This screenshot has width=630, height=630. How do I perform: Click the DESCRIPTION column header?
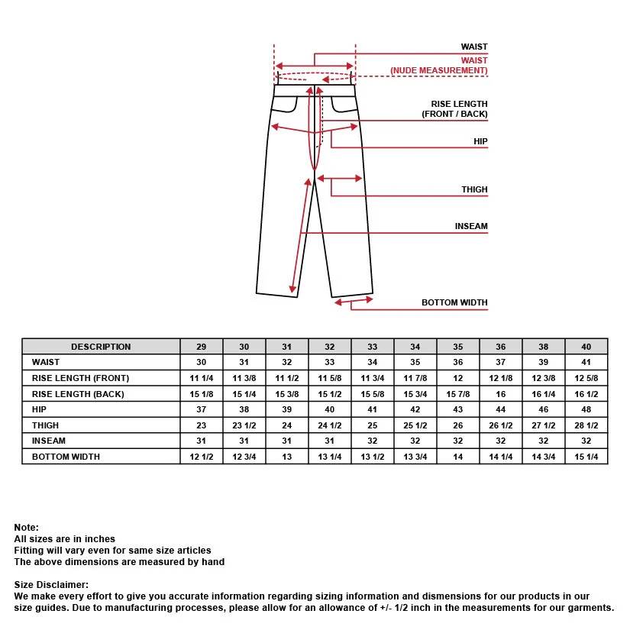[x=101, y=347]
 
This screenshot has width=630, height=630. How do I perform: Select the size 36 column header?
[x=501, y=347]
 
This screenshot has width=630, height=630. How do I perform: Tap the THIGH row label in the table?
[x=45, y=425]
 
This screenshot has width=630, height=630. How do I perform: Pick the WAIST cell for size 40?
[x=586, y=362]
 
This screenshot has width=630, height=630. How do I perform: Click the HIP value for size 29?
[x=202, y=409]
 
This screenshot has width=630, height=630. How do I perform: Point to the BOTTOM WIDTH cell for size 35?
[x=458, y=457]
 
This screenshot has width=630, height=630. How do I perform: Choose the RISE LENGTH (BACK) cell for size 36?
[x=501, y=394]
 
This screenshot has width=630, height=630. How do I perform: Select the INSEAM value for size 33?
[x=373, y=441]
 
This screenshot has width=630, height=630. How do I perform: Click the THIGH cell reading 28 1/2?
[x=586, y=425]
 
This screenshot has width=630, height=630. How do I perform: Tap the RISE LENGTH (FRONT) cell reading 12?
[x=458, y=378]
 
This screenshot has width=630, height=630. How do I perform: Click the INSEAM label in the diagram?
[x=471, y=226]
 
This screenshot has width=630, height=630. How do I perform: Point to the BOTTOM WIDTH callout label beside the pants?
[x=454, y=302]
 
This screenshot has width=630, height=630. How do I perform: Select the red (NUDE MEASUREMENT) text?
[x=439, y=70]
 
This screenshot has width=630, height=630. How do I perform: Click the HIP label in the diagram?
[x=480, y=141]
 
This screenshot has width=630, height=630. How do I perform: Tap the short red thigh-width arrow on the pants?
[x=340, y=179]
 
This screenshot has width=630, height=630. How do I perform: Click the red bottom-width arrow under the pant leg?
[x=354, y=301]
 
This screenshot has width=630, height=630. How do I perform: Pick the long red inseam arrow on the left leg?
[x=301, y=236]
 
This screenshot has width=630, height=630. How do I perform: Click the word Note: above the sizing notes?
[x=27, y=527]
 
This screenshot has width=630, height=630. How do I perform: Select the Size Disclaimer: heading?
[x=51, y=585]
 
